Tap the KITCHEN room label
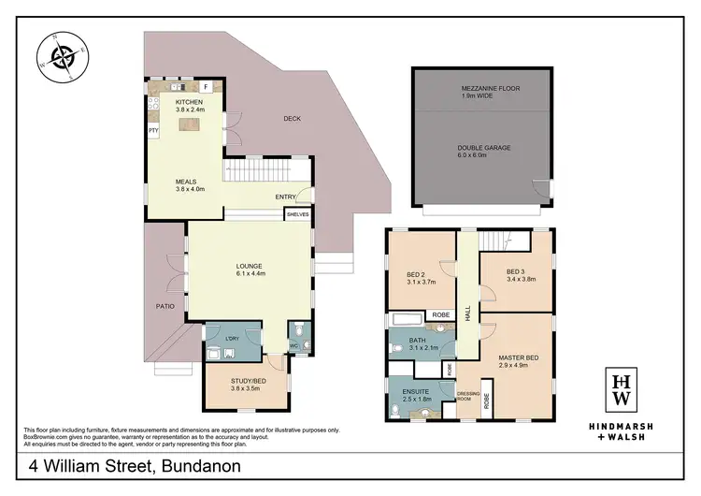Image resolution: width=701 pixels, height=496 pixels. [x=190, y=101]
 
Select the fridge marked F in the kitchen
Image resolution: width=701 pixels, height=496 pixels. [x=207, y=86]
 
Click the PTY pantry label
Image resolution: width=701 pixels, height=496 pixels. [x=152, y=131]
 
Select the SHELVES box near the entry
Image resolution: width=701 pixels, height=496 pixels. [x=297, y=214]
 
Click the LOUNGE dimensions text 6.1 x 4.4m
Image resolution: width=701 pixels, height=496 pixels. [x=249, y=273]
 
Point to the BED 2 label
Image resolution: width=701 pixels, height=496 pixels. [x=418, y=275]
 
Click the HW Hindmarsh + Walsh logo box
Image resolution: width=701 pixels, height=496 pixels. [x=620, y=389]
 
